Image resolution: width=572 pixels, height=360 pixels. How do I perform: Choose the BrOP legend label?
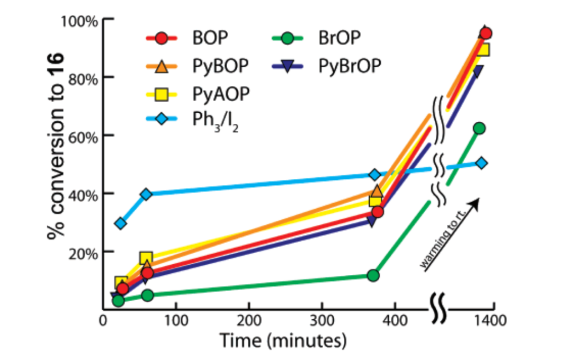[x=340, y=39]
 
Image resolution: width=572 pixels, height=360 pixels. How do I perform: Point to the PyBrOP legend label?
[x=350, y=66]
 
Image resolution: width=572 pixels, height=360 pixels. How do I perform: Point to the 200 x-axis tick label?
[x=248, y=321]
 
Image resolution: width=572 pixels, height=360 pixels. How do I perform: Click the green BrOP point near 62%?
[x=479, y=128]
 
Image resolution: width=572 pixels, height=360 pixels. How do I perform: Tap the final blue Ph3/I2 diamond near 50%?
[x=481, y=163]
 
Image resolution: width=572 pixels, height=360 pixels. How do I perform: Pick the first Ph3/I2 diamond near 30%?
[x=121, y=223]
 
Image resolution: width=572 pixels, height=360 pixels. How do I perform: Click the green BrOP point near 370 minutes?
[x=373, y=275]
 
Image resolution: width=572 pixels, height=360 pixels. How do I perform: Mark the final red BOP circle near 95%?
[x=486, y=33]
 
